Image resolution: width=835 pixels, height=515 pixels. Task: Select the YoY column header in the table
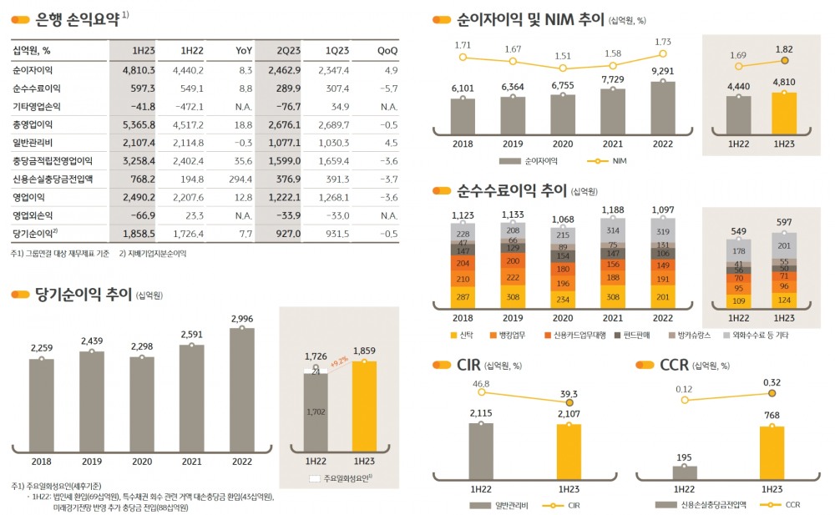tap(243, 51)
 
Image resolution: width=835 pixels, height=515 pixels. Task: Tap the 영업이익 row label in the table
tap(33, 197)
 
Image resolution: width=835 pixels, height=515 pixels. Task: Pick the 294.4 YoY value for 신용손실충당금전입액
tap(240, 178)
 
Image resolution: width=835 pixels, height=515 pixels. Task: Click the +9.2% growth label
tap(338, 362)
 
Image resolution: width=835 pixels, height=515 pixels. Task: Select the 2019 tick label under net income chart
tap(92, 460)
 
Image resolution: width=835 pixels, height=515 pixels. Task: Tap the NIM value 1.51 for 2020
tap(563, 57)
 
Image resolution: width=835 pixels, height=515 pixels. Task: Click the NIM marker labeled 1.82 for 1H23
tap(784, 60)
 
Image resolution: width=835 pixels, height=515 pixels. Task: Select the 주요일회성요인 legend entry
tap(342, 477)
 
